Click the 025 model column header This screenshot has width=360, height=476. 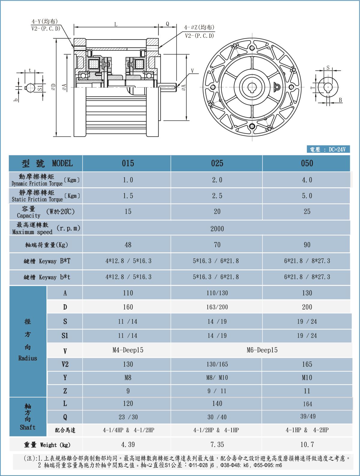[217, 163]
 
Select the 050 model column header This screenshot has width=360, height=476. [307, 163]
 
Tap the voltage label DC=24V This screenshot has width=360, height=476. [337, 149]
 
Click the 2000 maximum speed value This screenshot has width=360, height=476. [217, 229]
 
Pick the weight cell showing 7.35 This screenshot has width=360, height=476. [217, 444]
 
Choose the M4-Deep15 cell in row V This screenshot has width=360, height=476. [128, 350]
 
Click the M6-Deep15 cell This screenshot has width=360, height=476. [262, 350]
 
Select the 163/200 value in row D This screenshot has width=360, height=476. [217, 307]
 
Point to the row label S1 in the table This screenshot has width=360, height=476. [65, 335]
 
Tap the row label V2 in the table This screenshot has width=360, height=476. [65, 364]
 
